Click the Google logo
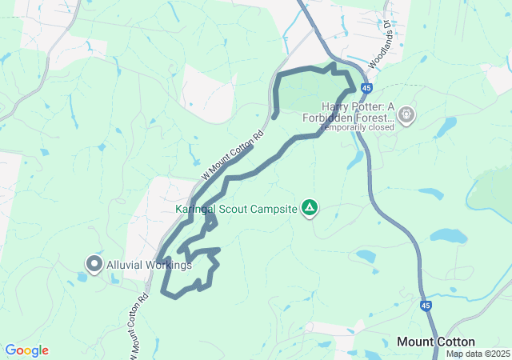(26, 350)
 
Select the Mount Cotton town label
(436, 342)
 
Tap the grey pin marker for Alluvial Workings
(94, 263)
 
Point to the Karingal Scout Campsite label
(236, 210)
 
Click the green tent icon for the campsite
(310, 209)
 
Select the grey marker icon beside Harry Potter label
(406, 116)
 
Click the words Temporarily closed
(358, 127)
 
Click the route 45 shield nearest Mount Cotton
(427, 306)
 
